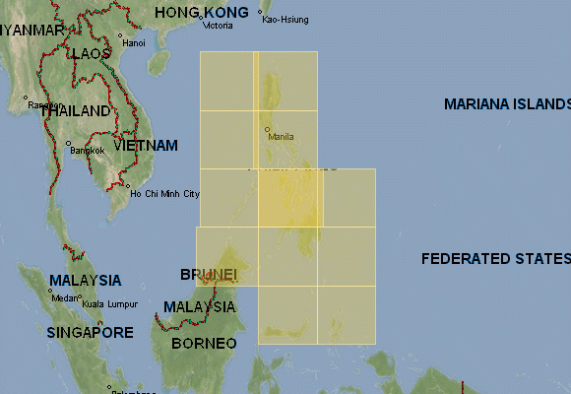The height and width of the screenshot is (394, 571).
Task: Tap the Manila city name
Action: click(282, 137)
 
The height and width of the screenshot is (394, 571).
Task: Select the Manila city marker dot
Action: click(267, 129)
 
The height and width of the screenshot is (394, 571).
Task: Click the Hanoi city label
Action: click(133, 43)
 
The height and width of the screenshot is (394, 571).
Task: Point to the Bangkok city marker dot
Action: click(68, 144)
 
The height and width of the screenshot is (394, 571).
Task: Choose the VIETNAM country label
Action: click(146, 146)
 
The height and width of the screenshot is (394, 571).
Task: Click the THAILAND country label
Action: click(75, 111)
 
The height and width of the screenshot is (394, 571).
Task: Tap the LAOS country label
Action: click(90, 54)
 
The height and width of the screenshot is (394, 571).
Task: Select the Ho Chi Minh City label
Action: click(165, 194)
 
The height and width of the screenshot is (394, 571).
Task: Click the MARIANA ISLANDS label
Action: click(507, 103)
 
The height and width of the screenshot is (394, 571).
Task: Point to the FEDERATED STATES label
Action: click(495, 259)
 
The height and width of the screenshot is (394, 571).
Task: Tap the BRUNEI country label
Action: click(209, 274)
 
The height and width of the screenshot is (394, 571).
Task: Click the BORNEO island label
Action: click(204, 344)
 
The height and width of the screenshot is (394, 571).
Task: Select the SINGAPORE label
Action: click(90, 333)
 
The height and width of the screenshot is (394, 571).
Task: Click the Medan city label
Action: click(65, 297)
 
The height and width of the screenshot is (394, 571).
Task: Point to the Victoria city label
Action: click(219, 25)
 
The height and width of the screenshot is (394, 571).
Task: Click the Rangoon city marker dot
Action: click(25, 98)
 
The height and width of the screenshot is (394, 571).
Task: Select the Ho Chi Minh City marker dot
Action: click(127, 185)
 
